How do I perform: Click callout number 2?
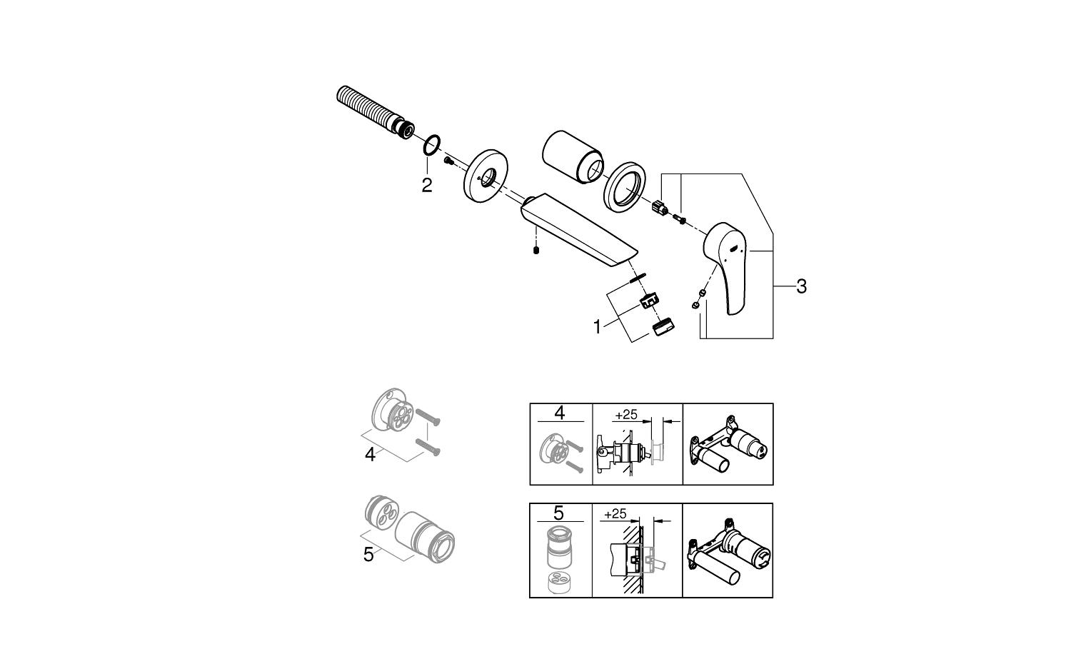(x=426, y=185)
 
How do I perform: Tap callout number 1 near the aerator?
(x=597, y=327)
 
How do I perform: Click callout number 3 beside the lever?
(x=801, y=286)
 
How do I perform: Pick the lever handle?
(x=726, y=266)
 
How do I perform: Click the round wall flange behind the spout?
(x=485, y=175)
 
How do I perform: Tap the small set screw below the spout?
(x=536, y=250)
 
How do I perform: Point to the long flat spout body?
(x=579, y=228)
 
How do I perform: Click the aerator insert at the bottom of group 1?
(x=663, y=327)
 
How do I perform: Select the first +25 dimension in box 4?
(x=626, y=415)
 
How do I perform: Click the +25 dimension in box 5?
(x=615, y=514)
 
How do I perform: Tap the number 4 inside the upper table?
(x=559, y=413)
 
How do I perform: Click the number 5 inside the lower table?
(x=558, y=513)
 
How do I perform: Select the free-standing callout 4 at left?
(x=370, y=455)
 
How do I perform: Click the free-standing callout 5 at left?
(x=368, y=555)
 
